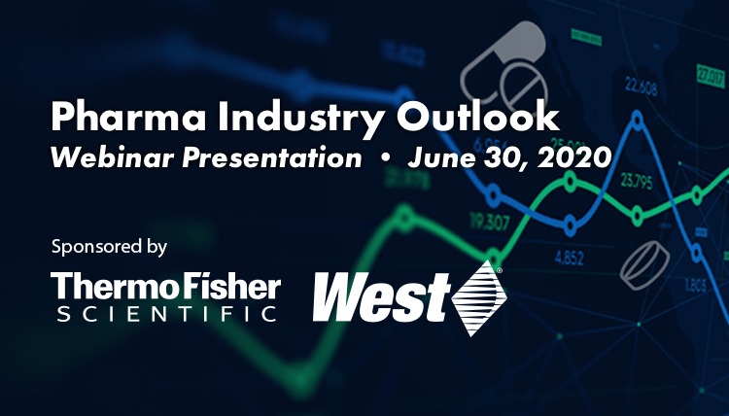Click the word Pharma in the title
tap(128, 118)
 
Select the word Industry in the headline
tap(300, 118)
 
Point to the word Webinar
tap(112, 157)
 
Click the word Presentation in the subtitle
tap(271, 157)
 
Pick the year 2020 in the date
tap(574, 157)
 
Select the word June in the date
tap(441, 157)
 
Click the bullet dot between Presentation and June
tap(385, 157)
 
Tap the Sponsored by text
tap(109, 247)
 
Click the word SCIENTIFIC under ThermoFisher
tap(166, 314)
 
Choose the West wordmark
tap(381, 296)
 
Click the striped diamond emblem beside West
tap(479, 298)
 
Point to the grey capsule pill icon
tap(503, 65)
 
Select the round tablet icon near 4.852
tap(644, 265)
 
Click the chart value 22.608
tap(641, 87)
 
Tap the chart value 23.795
tap(636, 181)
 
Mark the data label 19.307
tap(490, 223)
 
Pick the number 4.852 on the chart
tap(569, 257)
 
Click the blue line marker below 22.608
tap(638, 121)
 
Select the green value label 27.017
tap(711, 77)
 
